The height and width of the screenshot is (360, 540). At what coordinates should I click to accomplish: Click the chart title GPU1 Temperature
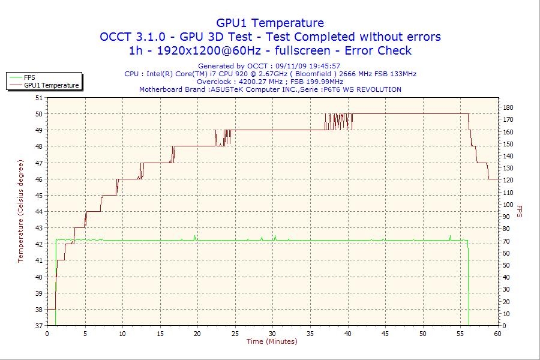[x=270, y=23]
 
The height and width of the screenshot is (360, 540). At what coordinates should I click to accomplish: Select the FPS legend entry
[x=29, y=77]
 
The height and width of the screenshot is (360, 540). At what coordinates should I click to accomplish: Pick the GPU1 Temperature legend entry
[x=51, y=85]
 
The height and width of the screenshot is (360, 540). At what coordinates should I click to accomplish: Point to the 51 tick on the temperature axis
[x=40, y=97]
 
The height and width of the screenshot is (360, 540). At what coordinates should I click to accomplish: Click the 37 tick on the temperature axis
[x=40, y=326]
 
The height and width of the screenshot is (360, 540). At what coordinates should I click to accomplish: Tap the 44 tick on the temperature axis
[x=40, y=211]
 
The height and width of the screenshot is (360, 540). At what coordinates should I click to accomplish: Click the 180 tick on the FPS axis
[x=508, y=107]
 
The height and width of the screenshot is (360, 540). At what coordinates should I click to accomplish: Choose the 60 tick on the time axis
[x=498, y=334]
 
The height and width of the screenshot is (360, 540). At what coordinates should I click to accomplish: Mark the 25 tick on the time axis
[x=235, y=334]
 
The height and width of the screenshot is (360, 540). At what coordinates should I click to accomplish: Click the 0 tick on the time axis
[x=47, y=334]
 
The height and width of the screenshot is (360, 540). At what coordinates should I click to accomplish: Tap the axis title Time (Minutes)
[x=272, y=341]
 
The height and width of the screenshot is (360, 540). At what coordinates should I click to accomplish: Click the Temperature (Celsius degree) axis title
[x=20, y=211]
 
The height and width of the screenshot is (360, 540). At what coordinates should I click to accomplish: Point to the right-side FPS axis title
[x=520, y=211]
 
